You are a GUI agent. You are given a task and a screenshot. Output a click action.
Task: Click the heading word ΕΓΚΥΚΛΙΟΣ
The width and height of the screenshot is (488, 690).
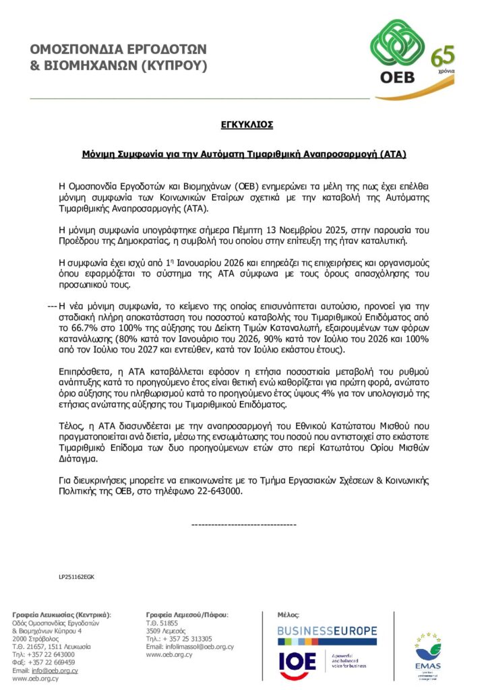pos(247,125)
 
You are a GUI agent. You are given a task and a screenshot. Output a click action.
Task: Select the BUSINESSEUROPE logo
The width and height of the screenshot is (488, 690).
pos(327,631)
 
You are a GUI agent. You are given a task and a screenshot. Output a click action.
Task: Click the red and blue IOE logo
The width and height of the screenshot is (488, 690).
pos(297,662)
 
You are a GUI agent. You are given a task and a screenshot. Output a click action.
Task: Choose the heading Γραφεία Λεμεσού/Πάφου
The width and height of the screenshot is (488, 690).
pos(187,615)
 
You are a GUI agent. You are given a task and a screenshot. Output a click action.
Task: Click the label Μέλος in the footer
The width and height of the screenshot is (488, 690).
pos(288,615)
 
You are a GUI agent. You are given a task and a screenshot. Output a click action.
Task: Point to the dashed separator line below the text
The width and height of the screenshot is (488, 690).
pos(244,524)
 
